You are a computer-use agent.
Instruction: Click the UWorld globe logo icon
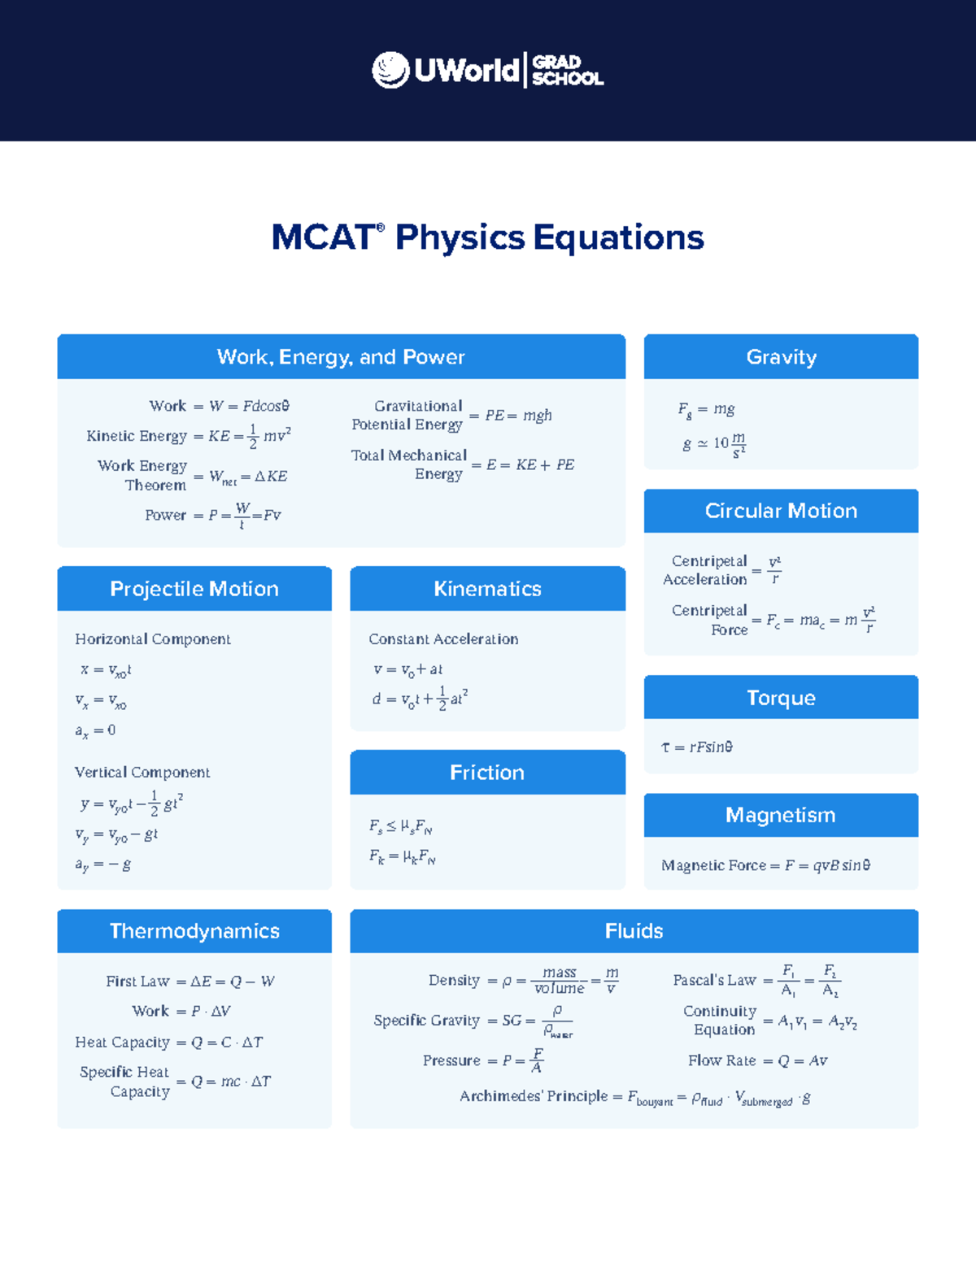(x=390, y=70)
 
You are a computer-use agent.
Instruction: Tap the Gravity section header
(x=781, y=357)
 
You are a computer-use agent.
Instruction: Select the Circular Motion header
(x=781, y=511)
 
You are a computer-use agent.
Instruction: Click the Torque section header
(x=781, y=698)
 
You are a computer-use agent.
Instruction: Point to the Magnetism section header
(x=781, y=815)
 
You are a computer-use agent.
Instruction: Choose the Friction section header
(x=487, y=773)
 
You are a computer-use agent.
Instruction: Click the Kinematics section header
(x=487, y=589)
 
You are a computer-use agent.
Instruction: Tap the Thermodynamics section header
(x=194, y=931)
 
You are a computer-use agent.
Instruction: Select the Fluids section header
(x=634, y=931)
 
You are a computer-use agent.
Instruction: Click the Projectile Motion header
(x=194, y=589)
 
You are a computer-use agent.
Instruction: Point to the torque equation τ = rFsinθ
(x=697, y=747)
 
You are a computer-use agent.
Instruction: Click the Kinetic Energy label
(x=137, y=436)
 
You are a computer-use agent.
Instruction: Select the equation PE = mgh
(x=518, y=416)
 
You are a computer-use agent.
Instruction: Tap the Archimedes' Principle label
(x=534, y=1096)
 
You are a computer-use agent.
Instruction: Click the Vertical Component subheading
(x=142, y=773)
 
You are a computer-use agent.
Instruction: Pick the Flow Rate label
(x=721, y=1060)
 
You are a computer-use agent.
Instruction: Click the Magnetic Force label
(x=713, y=865)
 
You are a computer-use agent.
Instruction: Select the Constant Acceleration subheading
(x=443, y=639)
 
